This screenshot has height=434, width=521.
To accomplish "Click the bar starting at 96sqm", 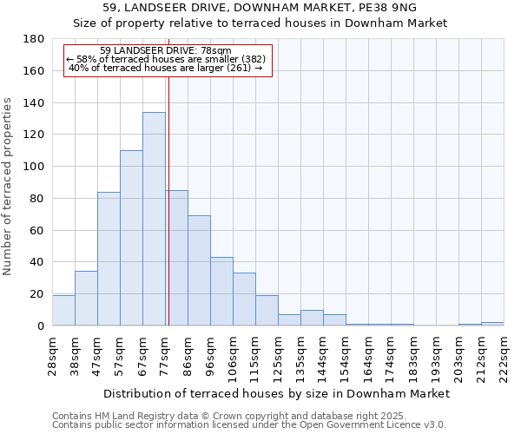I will (x=221, y=292).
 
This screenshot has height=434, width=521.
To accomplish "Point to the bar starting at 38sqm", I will (x=86, y=299).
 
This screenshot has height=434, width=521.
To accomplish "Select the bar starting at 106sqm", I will (x=244, y=299).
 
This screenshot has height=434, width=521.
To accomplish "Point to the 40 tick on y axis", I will (x=36, y=262).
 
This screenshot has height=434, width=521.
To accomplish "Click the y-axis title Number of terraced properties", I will (x=8, y=187).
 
